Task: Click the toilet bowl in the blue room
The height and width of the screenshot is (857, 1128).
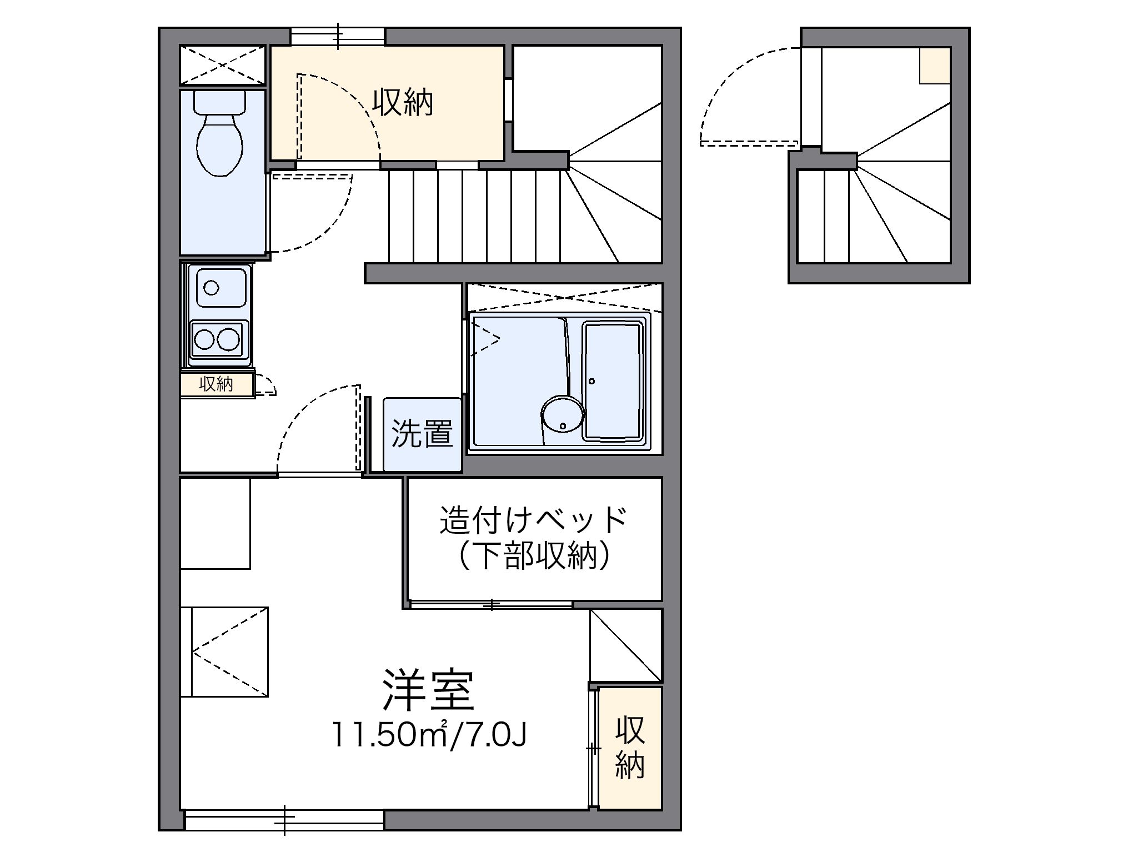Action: (x=220, y=145)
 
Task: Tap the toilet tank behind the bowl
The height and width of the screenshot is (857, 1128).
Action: (x=220, y=101)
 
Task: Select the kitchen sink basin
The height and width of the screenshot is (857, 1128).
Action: (x=217, y=287)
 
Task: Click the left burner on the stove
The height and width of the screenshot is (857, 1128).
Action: (x=204, y=339)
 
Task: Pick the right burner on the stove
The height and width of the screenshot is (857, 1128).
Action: (x=228, y=339)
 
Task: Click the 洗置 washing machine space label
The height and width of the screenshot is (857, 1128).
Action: (x=422, y=434)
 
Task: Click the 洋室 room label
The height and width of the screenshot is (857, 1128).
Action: (x=428, y=691)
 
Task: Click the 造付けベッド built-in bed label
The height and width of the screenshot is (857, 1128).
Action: (x=534, y=520)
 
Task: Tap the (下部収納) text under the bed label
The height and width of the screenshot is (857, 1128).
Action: (x=534, y=555)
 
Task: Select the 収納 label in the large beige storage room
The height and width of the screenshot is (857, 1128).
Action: (x=402, y=102)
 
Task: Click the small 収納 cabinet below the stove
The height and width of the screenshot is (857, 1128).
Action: (x=217, y=384)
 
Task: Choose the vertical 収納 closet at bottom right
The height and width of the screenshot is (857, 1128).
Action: (x=630, y=748)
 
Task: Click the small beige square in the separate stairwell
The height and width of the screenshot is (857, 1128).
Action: (x=935, y=65)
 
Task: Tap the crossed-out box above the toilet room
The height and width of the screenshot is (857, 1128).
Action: (x=223, y=66)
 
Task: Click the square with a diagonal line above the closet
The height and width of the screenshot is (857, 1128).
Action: (x=626, y=645)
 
